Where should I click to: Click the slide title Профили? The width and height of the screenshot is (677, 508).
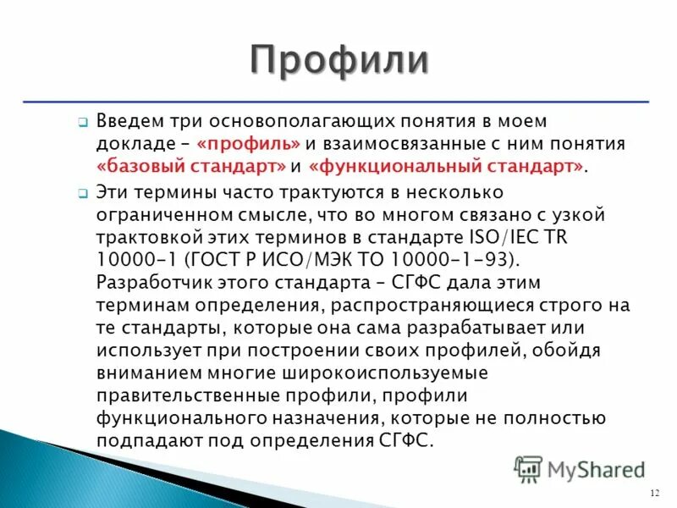(x=338, y=62)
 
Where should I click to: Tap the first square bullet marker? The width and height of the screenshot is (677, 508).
(x=83, y=124)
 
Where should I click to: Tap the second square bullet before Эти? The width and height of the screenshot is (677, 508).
(x=83, y=193)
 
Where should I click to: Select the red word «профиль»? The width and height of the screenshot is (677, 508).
(x=244, y=144)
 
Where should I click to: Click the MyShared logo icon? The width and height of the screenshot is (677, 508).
(x=529, y=468)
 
